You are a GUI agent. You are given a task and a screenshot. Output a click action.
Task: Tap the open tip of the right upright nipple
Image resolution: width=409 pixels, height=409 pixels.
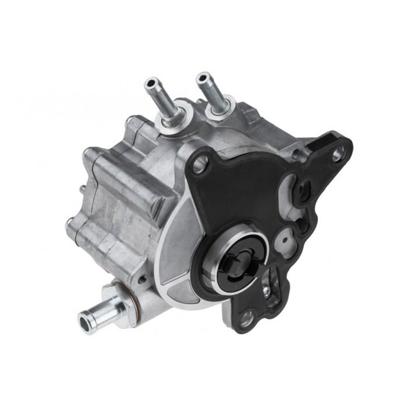202,77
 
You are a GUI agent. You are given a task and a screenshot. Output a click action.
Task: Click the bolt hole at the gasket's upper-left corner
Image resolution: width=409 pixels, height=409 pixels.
199,165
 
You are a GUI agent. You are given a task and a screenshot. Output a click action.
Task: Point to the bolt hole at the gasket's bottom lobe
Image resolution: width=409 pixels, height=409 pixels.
246,319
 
